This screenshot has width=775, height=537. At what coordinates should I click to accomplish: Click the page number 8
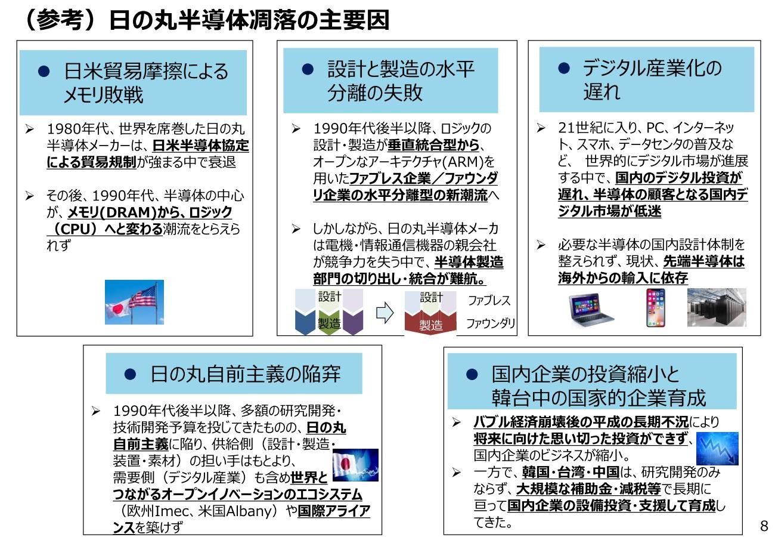coord(764,526)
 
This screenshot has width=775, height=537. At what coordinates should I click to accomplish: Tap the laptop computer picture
coord(591,310)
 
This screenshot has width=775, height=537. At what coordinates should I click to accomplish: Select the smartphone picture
coord(655,308)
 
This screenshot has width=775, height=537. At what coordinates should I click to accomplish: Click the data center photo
coord(717,307)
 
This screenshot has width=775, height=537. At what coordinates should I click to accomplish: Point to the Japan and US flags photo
coord(134,303)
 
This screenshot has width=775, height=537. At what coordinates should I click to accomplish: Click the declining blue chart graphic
coord(717,448)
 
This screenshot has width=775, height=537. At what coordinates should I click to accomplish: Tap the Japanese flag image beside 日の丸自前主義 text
coord(355,465)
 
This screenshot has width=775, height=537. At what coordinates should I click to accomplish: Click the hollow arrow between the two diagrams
coord(385,313)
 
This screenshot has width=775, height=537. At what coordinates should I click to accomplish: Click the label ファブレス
coord(489,301)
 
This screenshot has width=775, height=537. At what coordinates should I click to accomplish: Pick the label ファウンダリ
coord(491,323)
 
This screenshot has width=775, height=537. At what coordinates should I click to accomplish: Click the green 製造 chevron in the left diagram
coord(329,322)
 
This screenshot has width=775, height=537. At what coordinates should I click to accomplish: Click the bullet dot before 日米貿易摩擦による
coord(44,71)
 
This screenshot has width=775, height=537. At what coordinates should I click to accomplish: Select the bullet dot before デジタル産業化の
coord(564,68)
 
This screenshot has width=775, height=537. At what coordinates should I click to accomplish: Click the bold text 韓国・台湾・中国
coord(571,472)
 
